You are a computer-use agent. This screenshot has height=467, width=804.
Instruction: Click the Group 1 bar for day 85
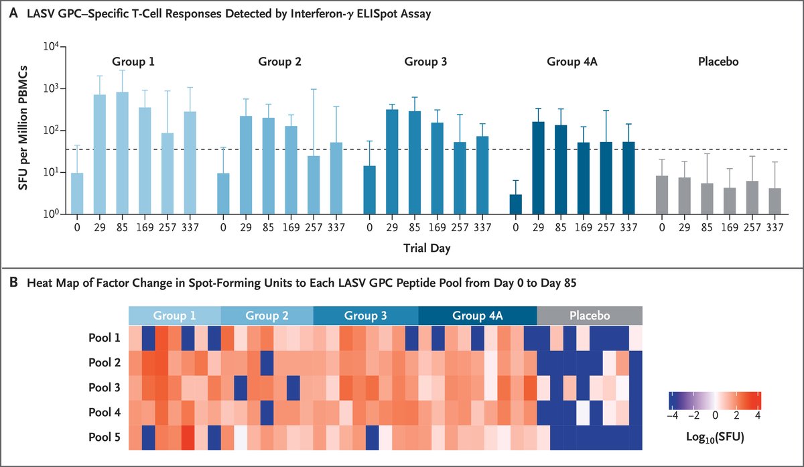coord(122,153)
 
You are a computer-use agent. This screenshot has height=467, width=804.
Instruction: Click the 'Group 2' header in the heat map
coord(267,315)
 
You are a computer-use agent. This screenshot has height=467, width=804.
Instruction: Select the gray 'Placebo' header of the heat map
coord(589,315)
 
